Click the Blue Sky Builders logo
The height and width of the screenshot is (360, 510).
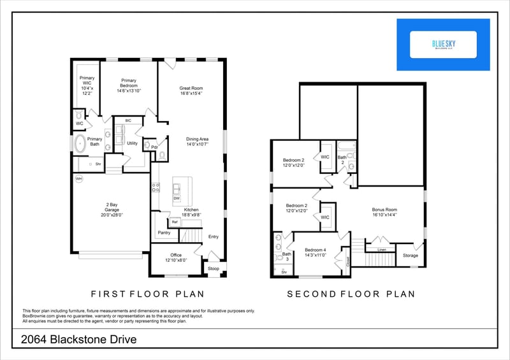click(x=443, y=45)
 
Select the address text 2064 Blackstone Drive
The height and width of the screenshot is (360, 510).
click(x=79, y=340)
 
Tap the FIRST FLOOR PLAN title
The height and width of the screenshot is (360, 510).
click(x=147, y=294)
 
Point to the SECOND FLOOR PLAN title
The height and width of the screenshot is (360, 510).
click(x=351, y=294)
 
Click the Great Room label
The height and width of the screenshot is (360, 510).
click(x=191, y=91)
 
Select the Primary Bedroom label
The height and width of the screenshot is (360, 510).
click(x=129, y=86)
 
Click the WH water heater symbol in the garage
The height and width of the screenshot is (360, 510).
click(x=79, y=179)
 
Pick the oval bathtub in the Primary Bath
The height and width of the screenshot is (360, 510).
click(x=81, y=143)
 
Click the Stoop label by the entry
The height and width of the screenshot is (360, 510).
click(x=214, y=269)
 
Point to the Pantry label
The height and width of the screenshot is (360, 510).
click(x=164, y=234)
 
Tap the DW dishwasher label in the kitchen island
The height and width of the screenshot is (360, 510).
click(x=177, y=199)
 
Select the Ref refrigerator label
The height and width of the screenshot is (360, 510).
click(x=173, y=222)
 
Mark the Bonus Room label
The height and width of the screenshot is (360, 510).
click(x=384, y=212)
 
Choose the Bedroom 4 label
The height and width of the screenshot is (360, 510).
click(x=315, y=252)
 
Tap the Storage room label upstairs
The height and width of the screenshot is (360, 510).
click(x=411, y=256)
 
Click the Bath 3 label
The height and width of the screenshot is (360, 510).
click(x=286, y=257)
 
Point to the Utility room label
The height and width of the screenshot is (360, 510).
click(x=132, y=143)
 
